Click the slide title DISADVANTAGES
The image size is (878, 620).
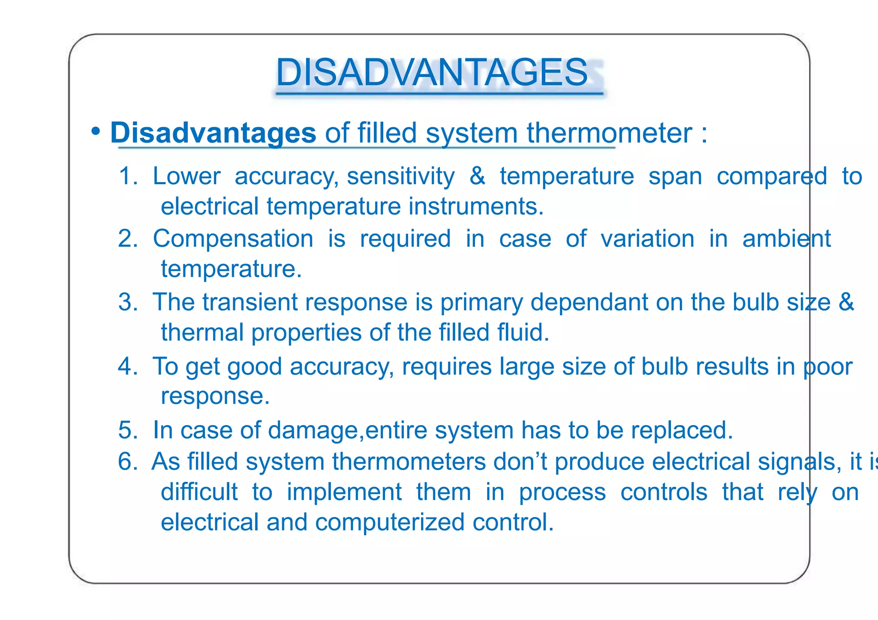[x=432, y=72]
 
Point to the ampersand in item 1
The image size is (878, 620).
[x=477, y=176]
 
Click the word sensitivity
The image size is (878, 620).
[x=400, y=176]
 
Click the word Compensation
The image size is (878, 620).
[x=233, y=238]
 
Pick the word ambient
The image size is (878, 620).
[x=786, y=238]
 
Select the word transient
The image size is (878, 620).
[x=250, y=302]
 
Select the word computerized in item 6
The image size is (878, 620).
[x=390, y=522]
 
